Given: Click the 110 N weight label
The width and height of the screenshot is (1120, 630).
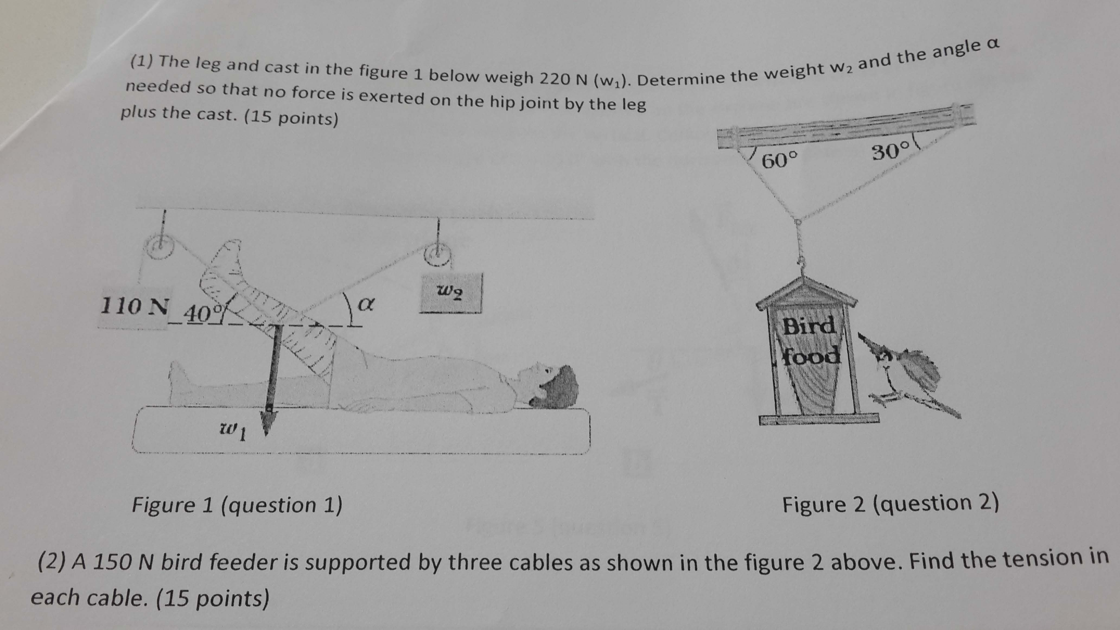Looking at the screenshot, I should coord(134,306).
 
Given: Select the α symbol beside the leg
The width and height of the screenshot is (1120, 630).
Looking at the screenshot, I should coord(366,305).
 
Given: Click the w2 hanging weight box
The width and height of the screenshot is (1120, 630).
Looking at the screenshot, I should coord(451,293).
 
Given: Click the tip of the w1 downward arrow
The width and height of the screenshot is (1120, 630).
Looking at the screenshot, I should coord(266,432).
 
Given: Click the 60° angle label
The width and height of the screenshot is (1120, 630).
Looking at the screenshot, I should coord(780,160).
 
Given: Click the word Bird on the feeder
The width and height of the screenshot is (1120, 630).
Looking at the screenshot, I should coord(809,326).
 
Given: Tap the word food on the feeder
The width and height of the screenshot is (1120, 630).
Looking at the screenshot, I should coord(811,357).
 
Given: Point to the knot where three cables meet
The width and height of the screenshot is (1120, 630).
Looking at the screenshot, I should coord(797,221).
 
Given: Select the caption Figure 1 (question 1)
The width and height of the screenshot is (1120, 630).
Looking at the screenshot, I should coord(237,505).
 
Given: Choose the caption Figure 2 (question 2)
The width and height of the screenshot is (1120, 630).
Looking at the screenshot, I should coord(890,503).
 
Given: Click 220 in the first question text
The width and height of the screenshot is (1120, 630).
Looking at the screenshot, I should coord(554,79).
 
